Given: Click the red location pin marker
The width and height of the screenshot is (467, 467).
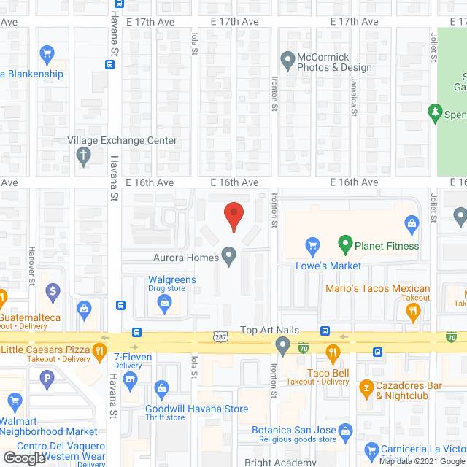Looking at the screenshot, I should tap(233, 216).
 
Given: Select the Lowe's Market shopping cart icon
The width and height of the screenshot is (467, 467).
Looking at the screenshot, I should tap(313, 245).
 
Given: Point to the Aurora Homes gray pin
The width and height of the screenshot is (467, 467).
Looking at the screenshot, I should tap(229, 257).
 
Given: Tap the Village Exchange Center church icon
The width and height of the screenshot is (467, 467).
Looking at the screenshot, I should tap(83, 155).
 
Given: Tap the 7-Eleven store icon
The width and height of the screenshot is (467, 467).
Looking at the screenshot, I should tap(131, 379).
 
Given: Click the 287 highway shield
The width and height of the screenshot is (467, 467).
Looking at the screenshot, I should tap(221, 336).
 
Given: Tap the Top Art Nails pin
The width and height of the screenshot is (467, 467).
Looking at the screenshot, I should tap(283, 344).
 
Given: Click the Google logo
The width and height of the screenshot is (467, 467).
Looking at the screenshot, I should tap(23, 458).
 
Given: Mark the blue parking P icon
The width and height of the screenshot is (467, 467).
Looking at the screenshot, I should tap(47, 378).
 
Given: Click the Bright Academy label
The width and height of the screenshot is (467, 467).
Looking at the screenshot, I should tap(282, 462).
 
